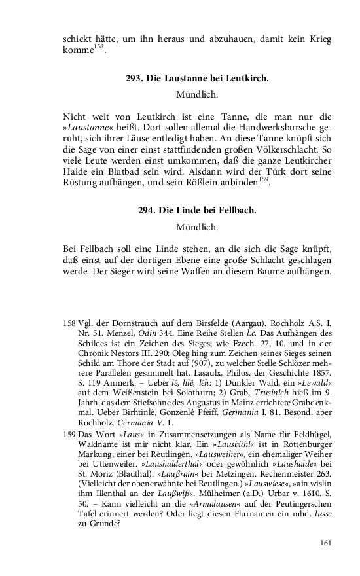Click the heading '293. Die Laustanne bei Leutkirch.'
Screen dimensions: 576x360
point(197,79)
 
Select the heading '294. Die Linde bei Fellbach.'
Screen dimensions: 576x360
point(197,211)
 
